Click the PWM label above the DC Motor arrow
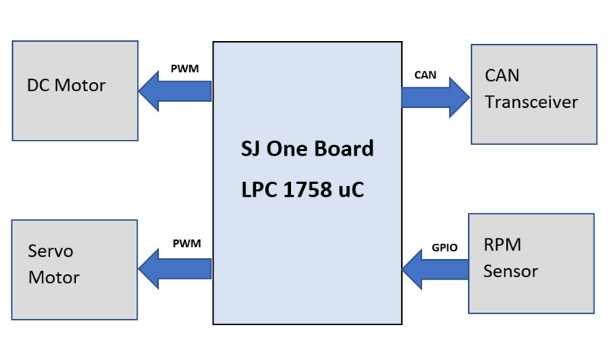click(185, 68)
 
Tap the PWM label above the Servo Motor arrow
click(187, 243)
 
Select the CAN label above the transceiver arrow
click(426, 74)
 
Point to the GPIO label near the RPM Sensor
click(445, 248)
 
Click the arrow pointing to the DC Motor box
click(175, 91)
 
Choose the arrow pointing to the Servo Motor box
click(175, 269)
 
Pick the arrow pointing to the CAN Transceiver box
click(435, 97)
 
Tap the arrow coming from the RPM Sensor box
click(435, 270)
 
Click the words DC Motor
click(66, 85)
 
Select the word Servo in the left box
click(50, 251)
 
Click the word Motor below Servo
click(54, 277)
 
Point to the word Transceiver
click(531, 102)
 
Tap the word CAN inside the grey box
click(502, 75)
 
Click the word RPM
click(502, 245)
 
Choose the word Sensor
click(511, 271)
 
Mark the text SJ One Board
click(307, 148)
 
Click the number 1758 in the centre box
click(308, 190)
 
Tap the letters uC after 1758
click(351, 190)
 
